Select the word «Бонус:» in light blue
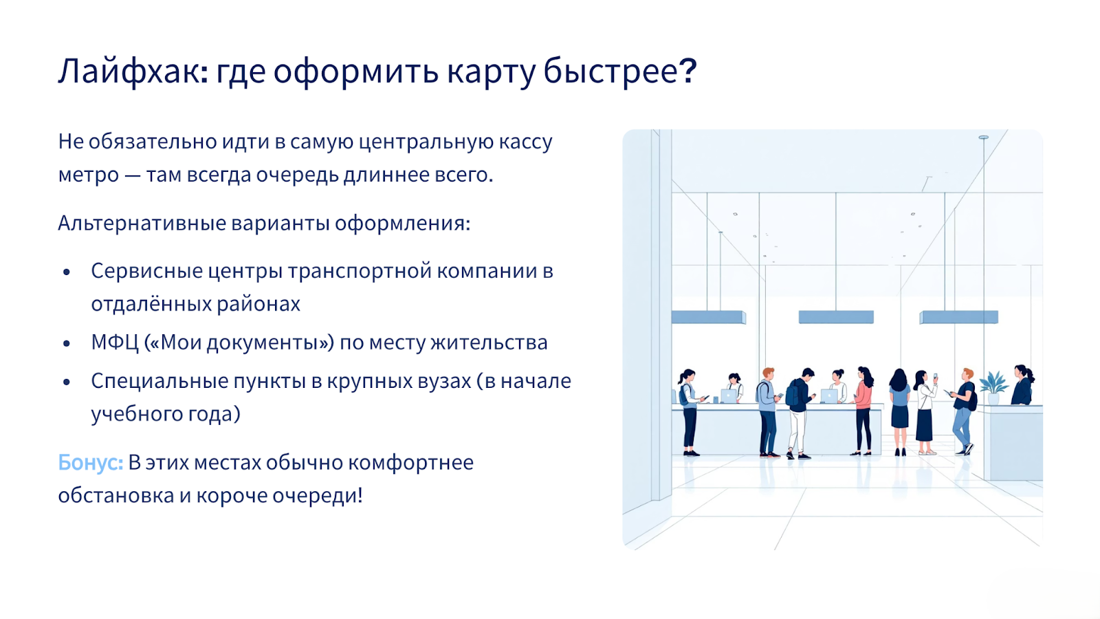click(91, 462)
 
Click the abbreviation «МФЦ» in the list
click(115, 343)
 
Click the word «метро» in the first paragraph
click(89, 175)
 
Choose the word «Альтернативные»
click(142, 223)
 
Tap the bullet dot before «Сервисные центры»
click(67, 272)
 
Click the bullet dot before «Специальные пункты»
click(67, 382)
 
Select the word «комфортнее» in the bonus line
click(411, 463)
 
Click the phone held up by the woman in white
click(935, 376)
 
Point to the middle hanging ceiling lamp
click(836, 316)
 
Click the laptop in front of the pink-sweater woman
click(829, 396)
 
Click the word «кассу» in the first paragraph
click(526, 142)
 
